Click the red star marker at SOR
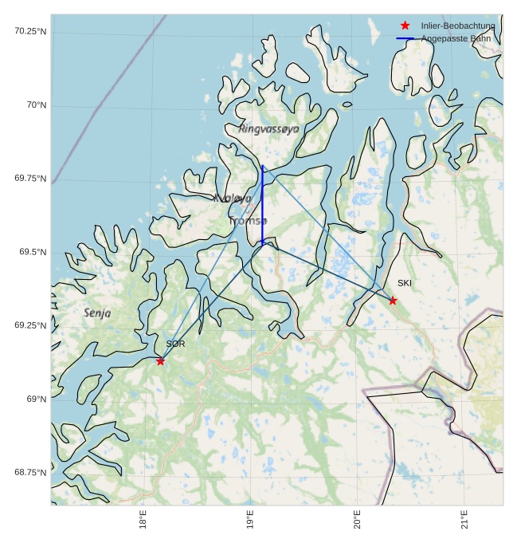161,361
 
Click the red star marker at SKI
393,301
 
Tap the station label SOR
175,344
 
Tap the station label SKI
405,283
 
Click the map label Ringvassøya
269,128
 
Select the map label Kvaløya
233,198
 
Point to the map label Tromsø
249,220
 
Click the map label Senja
97,313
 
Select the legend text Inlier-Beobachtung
457,26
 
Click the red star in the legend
405,26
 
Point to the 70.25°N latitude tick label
30,31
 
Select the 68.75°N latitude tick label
30,472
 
